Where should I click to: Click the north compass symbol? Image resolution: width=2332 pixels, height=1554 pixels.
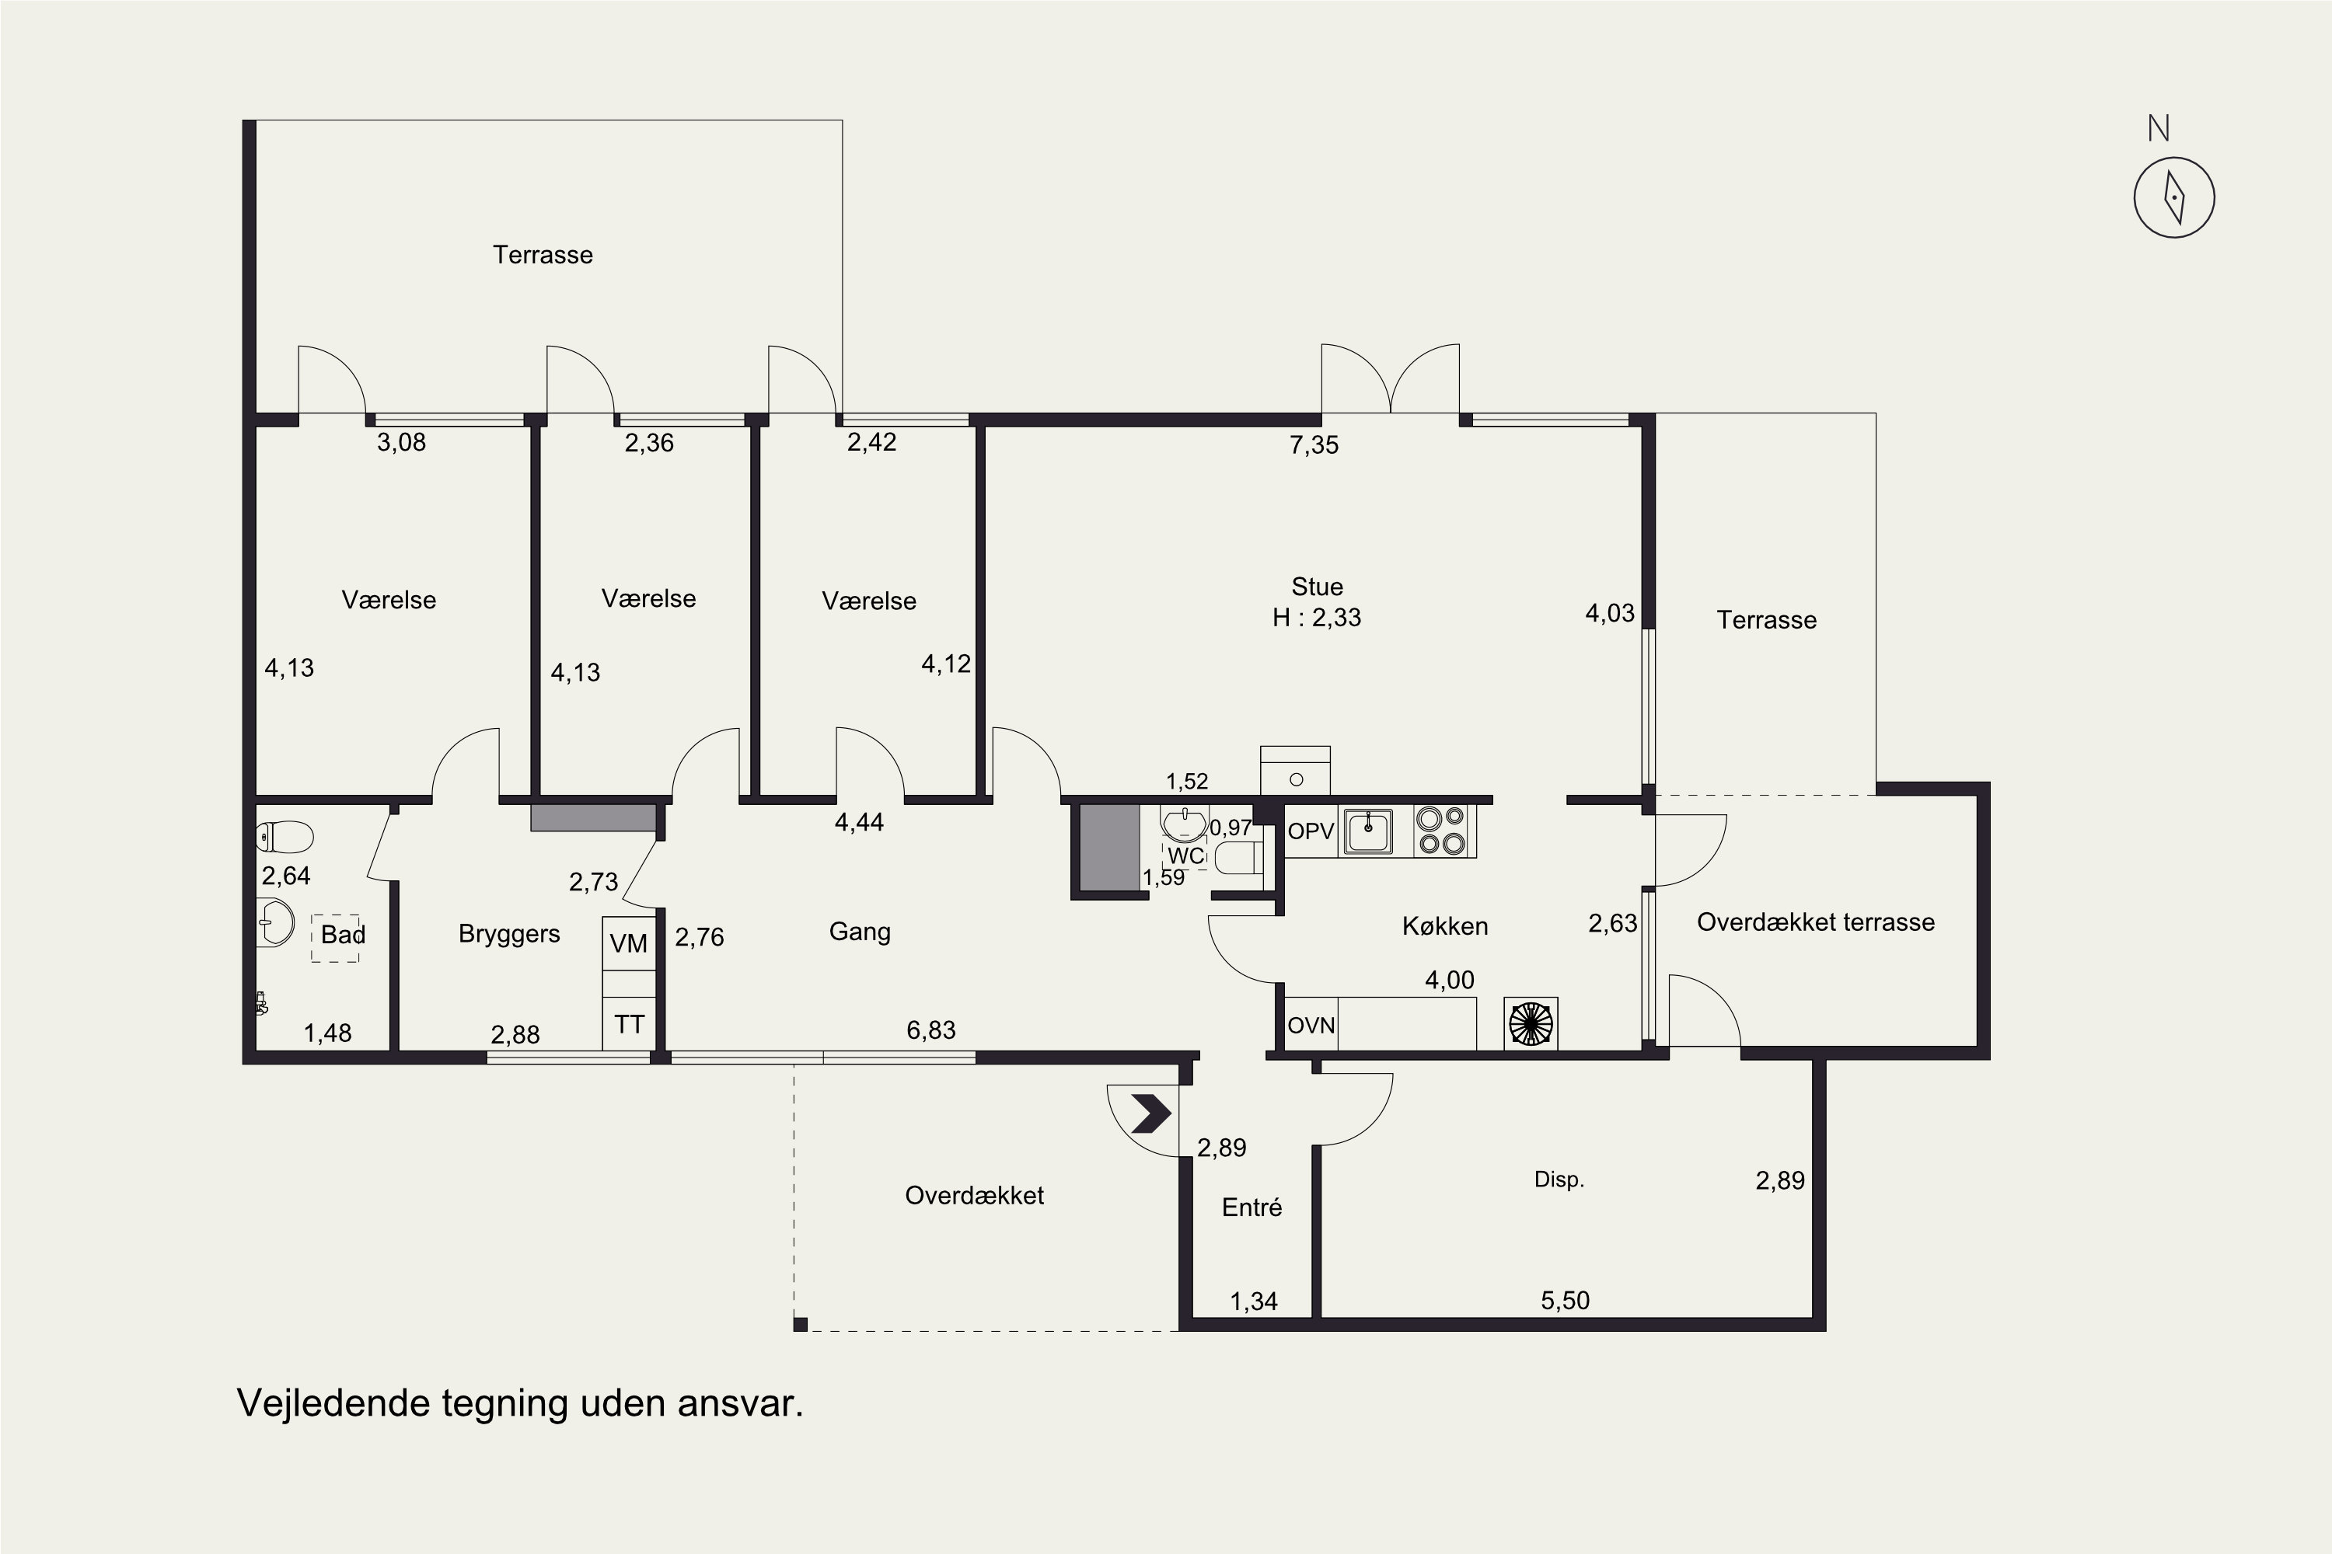(2173, 197)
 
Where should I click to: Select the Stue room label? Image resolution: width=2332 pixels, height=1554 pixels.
(1317, 586)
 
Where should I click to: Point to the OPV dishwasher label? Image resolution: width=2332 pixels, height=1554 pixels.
(1311, 831)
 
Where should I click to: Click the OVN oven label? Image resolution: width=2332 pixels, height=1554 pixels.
(1311, 1026)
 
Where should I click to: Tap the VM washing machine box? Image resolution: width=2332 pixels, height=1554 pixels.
(629, 943)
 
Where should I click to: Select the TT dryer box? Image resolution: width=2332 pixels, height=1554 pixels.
(629, 1024)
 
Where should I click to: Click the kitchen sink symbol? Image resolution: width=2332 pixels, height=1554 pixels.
(1368, 830)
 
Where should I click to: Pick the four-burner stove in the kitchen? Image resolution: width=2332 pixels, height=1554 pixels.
(1440, 831)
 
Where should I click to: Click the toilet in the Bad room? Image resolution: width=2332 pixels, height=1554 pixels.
(285, 837)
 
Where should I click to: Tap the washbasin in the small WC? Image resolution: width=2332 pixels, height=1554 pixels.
(1184, 824)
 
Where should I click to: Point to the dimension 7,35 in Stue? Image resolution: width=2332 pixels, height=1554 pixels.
(1314, 445)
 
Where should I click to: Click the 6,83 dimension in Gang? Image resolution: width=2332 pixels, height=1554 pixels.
(931, 1030)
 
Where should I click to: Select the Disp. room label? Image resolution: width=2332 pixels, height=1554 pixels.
(1559, 1179)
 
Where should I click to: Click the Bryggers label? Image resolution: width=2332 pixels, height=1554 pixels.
(508, 934)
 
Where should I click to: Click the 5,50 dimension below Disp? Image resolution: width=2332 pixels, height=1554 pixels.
(1565, 1300)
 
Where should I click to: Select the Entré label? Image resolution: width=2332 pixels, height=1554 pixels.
(1252, 1207)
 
